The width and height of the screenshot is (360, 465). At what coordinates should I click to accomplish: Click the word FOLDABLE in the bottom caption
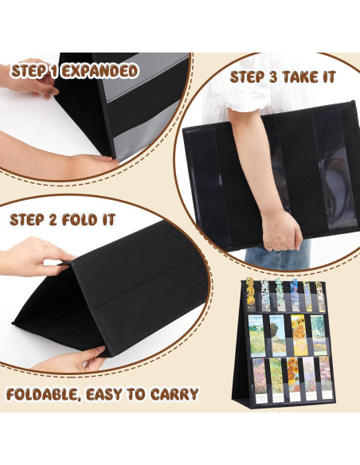(x=48, y=394)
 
